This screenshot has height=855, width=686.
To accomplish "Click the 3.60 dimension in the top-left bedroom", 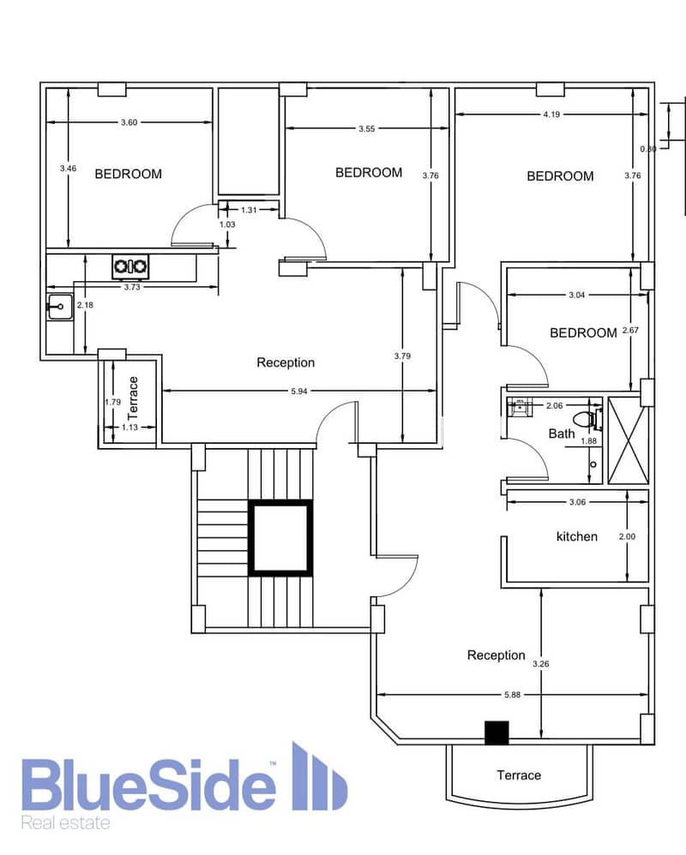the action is pyautogui.click(x=129, y=123).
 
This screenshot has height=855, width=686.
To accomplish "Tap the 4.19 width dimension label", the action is pyautogui.click(x=551, y=115).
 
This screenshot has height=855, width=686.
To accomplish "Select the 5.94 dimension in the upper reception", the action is pyautogui.click(x=299, y=391).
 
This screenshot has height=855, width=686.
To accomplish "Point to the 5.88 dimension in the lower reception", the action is pyautogui.click(x=513, y=695).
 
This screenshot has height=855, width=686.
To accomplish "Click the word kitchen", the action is pyautogui.click(x=577, y=536).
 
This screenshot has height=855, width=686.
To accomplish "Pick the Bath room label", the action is pyautogui.click(x=562, y=433).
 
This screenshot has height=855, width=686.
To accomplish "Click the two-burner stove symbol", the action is pyautogui.click(x=130, y=266).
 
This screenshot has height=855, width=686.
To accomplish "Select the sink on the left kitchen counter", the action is pyautogui.click(x=60, y=307).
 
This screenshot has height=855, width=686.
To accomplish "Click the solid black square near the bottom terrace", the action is pyautogui.click(x=496, y=732).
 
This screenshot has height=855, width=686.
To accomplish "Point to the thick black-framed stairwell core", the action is pyautogui.click(x=281, y=538).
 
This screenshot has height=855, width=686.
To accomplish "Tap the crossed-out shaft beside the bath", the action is pyautogui.click(x=628, y=440).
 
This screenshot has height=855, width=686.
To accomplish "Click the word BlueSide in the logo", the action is pyautogui.click(x=148, y=784).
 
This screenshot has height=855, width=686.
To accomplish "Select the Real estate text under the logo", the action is pyautogui.click(x=65, y=822).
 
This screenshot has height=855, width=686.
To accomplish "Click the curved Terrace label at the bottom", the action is pyautogui.click(x=519, y=775).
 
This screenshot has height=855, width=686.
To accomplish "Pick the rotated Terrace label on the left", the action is pyautogui.click(x=133, y=398).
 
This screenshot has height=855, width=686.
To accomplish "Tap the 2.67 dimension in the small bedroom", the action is pyautogui.click(x=630, y=330).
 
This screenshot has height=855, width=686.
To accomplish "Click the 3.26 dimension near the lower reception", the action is pyautogui.click(x=541, y=664).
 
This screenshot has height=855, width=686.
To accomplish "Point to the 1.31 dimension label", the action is pyautogui.click(x=249, y=210).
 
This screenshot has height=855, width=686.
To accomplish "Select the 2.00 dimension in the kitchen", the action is pyautogui.click(x=627, y=536).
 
